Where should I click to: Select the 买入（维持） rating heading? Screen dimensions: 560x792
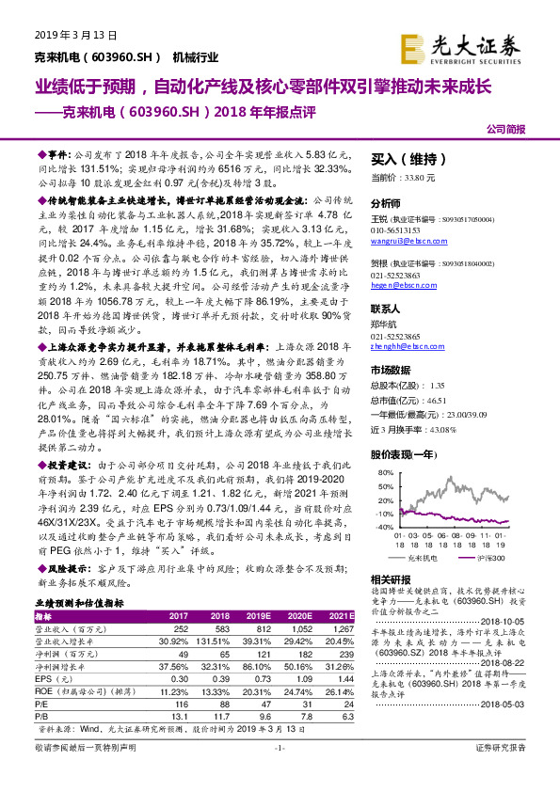(408, 159)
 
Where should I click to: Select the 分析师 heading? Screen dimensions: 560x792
(386, 202)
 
